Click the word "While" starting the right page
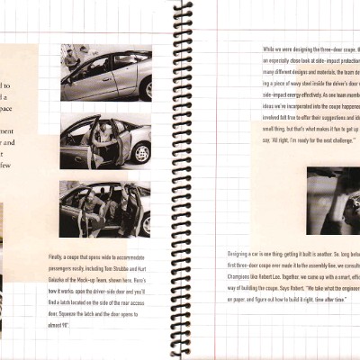270,48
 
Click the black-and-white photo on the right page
334,200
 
